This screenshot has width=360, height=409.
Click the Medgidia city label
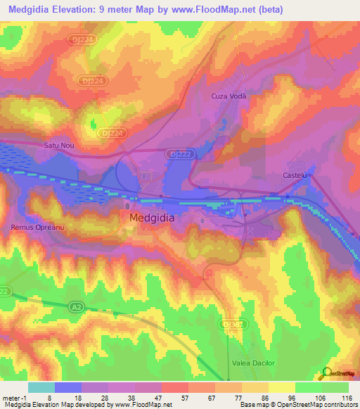coord(152,218)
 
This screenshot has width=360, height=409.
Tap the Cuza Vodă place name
coord(227,96)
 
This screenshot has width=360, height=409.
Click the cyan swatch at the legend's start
coord(41,387)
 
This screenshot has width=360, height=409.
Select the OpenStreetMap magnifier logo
coord(326,375)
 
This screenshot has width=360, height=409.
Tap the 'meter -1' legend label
coord(15,397)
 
